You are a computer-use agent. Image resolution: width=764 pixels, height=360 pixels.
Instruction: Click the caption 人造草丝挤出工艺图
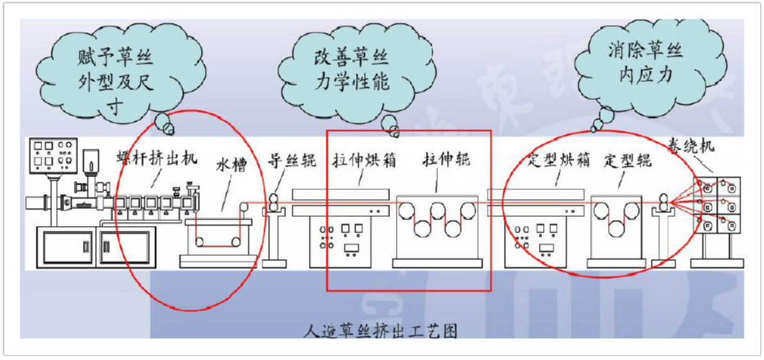coord(380,332)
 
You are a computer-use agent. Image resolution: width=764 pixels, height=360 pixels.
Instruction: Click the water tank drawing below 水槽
coord(216,236)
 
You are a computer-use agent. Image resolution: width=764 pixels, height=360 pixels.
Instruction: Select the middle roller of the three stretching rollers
coord(443,215)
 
